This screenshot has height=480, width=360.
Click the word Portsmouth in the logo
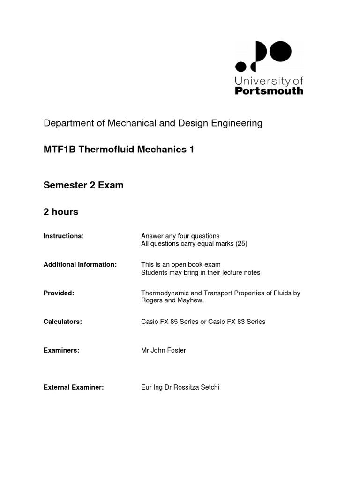(x=269, y=91)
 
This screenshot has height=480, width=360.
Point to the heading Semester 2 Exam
(x=83, y=185)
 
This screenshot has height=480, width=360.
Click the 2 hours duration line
(x=61, y=212)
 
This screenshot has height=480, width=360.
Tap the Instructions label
(x=63, y=236)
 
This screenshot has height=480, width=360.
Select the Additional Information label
(x=80, y=264)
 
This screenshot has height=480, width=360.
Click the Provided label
(x=59, y=293)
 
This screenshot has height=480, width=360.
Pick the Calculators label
(x=62, y=322)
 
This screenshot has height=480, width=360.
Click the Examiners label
(x=61, y=350)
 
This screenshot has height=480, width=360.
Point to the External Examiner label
(x=73, y=387)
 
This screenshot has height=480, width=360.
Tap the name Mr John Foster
(x=163, y=350)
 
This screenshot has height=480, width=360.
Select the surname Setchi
(x=209, y=387)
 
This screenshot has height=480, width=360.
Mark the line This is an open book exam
(x=180, y=264)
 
